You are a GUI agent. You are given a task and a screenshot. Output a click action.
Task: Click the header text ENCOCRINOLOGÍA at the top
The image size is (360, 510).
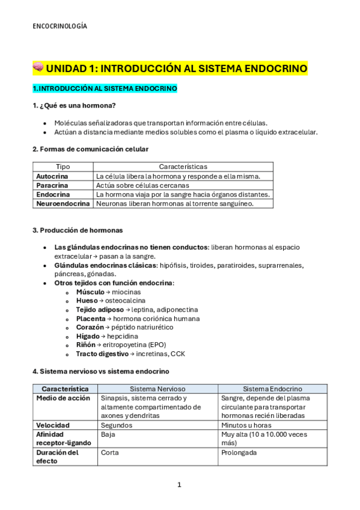59,26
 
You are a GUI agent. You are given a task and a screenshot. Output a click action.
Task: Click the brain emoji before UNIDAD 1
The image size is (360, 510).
38,68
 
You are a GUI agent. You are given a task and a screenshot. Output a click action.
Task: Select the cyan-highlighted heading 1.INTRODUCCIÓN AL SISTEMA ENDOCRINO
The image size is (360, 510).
105,88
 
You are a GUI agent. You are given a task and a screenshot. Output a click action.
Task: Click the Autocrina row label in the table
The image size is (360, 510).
52,176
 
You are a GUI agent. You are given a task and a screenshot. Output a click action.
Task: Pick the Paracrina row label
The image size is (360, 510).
52,185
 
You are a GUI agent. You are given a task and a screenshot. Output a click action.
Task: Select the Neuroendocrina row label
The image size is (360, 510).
62,203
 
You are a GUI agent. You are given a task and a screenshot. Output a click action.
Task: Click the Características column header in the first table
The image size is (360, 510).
183,167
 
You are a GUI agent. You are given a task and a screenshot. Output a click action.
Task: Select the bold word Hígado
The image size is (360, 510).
88,336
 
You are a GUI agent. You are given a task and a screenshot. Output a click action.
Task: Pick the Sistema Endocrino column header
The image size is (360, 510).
272,389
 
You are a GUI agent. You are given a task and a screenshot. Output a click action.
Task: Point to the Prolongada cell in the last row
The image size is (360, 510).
239,452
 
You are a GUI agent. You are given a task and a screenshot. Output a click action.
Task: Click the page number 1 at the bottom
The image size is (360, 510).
179,485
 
